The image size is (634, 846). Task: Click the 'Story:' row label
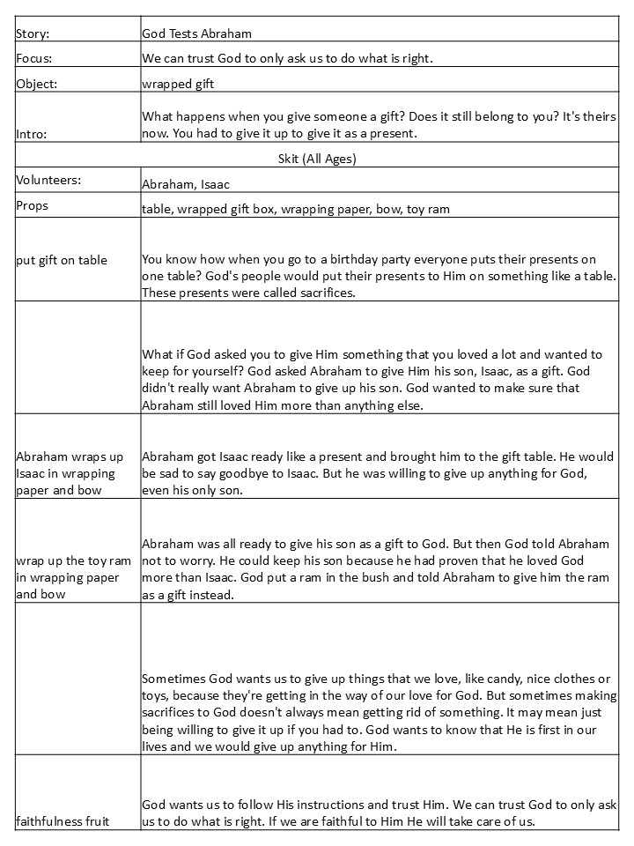[x=33, y=33]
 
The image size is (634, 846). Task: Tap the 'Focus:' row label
[x=34, y=59]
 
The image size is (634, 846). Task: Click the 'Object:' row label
[x=36, y=85]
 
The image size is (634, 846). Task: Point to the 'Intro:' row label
[x=33, y=134]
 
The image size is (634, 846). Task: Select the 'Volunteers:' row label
[x=48, y=181]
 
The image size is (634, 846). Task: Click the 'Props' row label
[x=33, y=205]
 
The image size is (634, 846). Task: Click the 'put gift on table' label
[x=62, y=260]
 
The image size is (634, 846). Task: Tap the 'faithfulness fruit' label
[x=62, y=821]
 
